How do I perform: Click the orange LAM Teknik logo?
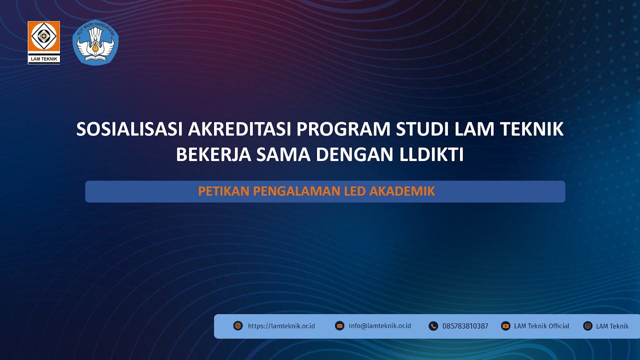point(44,42)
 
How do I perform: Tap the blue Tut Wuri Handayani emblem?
point(95,42)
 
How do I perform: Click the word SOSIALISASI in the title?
point(130,129)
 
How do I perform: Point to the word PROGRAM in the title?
point(343,129)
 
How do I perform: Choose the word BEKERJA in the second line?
point(213,155)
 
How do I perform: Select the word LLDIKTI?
point(432,155)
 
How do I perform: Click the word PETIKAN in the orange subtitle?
point(223,191)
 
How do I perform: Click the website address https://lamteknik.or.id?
point(281,326)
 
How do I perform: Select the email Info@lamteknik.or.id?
point(380,326)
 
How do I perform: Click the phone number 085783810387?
point(465,326)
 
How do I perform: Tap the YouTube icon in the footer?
point(505,326)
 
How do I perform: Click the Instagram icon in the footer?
point(587,326)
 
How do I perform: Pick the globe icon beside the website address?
point(238,326)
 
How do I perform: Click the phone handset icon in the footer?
point(433,326)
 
